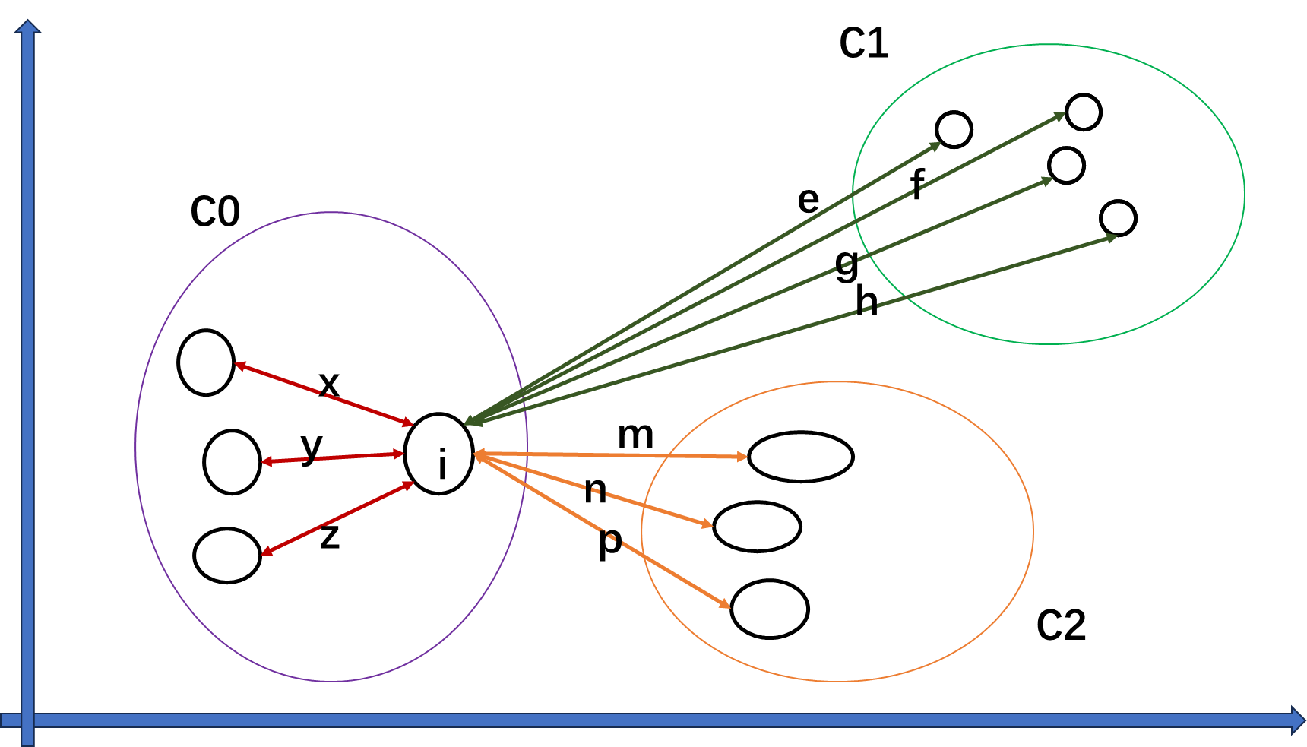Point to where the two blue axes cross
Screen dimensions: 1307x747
[27, 720]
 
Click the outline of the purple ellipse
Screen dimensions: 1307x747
[135, 446]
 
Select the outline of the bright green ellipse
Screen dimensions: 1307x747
[1244, 195]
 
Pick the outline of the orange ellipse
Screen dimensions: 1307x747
[1033, 531]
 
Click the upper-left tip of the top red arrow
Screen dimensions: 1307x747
[236, 365]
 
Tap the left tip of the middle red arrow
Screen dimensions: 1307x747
[263, 462]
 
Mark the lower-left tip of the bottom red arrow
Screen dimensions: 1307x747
[263, 554]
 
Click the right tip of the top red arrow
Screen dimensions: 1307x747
[413, 424]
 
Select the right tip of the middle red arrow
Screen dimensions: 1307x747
[403, 454]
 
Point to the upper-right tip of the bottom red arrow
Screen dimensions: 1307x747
[413, 483]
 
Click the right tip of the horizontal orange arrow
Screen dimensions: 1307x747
[747, 457]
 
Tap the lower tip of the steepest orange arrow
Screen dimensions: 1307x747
[729, 606]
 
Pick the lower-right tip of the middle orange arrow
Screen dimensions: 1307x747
[711, 525]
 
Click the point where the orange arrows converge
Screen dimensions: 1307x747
[476, 454]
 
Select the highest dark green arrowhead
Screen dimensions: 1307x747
[1064, 114]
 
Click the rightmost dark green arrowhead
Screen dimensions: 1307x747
[1116, 237]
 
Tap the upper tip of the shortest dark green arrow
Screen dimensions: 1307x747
[940, 144]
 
